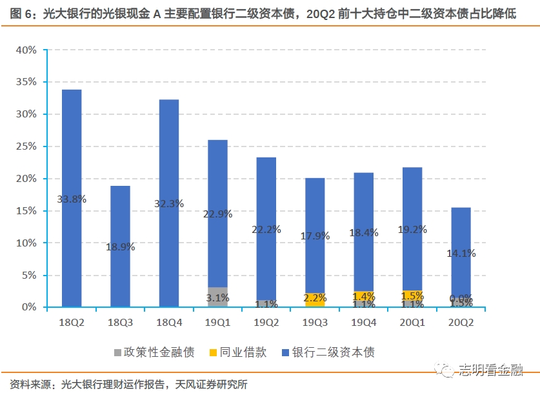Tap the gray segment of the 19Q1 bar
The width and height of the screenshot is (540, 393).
(217, 297)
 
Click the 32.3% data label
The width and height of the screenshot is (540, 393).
(169, 203)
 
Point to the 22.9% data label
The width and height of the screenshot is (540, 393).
(217, 214)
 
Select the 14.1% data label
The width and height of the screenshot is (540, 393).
(461, 254)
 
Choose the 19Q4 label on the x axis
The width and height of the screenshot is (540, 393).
(363, 321)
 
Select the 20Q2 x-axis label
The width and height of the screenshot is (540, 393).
(461, 321)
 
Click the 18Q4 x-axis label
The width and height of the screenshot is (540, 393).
(169, 321)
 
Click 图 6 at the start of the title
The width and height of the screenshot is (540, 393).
(24, 14)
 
